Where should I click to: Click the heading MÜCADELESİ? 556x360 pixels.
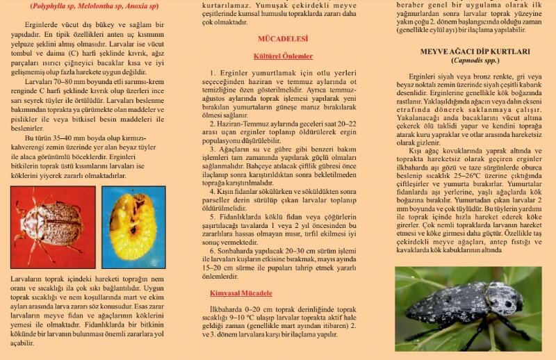coord(282,38)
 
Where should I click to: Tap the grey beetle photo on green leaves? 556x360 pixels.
coord(468,307)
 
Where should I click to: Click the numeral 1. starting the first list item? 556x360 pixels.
coord(214,72)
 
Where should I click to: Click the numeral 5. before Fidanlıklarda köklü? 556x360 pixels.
coord(214,215)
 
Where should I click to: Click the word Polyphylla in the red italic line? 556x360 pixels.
coord(49,5)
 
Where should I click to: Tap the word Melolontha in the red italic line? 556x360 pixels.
coord(101,5)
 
